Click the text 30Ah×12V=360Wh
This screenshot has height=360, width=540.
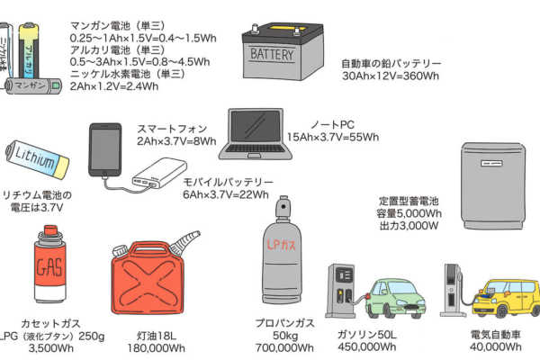pos(391,77)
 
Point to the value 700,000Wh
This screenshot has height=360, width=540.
pos(283,348)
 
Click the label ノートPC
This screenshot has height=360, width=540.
pos(334,122)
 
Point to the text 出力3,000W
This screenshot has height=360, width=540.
pos(408,227)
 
